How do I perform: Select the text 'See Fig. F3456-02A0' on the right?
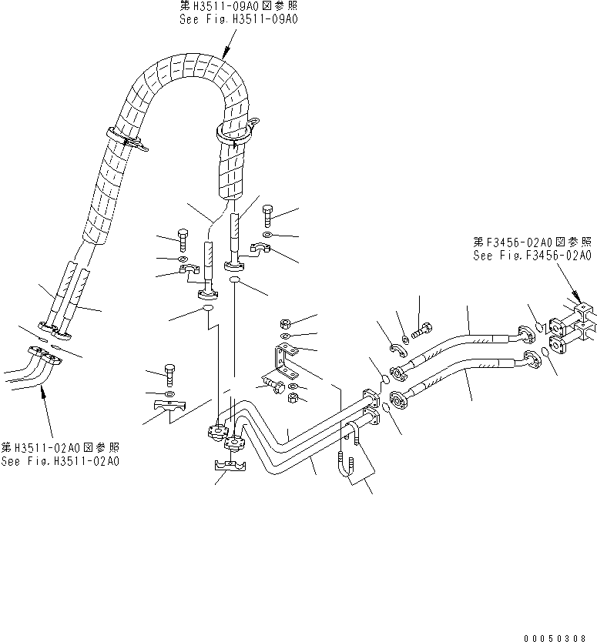[x=532, y=256]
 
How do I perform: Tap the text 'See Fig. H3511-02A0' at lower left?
[x=60, y=462]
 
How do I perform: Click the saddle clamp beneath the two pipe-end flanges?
[x=228, y=469]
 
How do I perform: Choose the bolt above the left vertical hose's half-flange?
[x=183, y=239]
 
